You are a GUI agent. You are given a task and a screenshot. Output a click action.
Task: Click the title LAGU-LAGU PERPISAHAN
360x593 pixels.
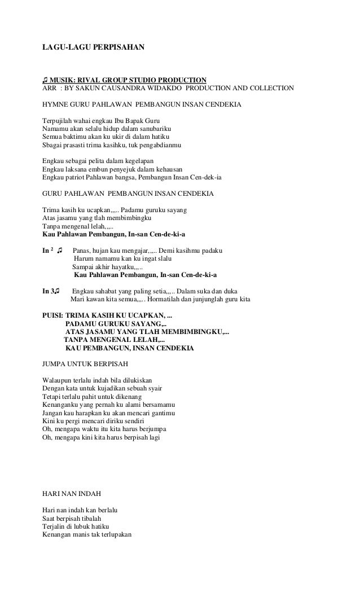click(x=93, y=47)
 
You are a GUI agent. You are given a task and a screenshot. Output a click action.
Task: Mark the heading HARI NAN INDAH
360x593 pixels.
click(x=72, y=494)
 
